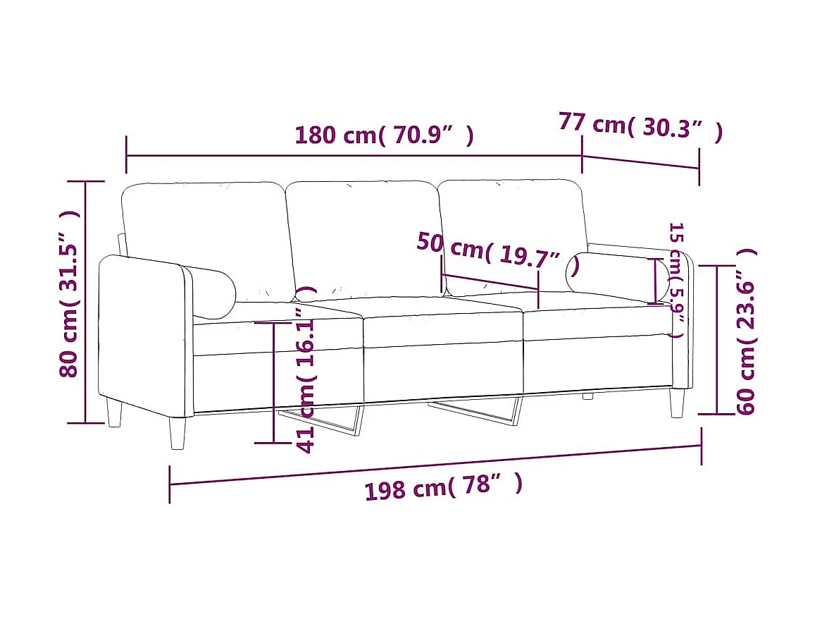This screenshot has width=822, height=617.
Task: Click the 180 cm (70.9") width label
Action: [385, 135]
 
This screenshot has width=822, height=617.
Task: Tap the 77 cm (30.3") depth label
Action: [640, 126]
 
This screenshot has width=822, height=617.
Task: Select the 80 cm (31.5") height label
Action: [70, 293]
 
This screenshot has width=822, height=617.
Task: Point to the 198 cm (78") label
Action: [444, 487]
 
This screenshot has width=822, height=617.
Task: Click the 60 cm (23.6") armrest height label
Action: [746, 331]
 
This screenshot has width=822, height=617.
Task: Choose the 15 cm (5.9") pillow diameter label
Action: [678, 280]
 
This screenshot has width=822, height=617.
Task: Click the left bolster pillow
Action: [211, 292]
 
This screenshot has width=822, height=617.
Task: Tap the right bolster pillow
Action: [618, 278]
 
